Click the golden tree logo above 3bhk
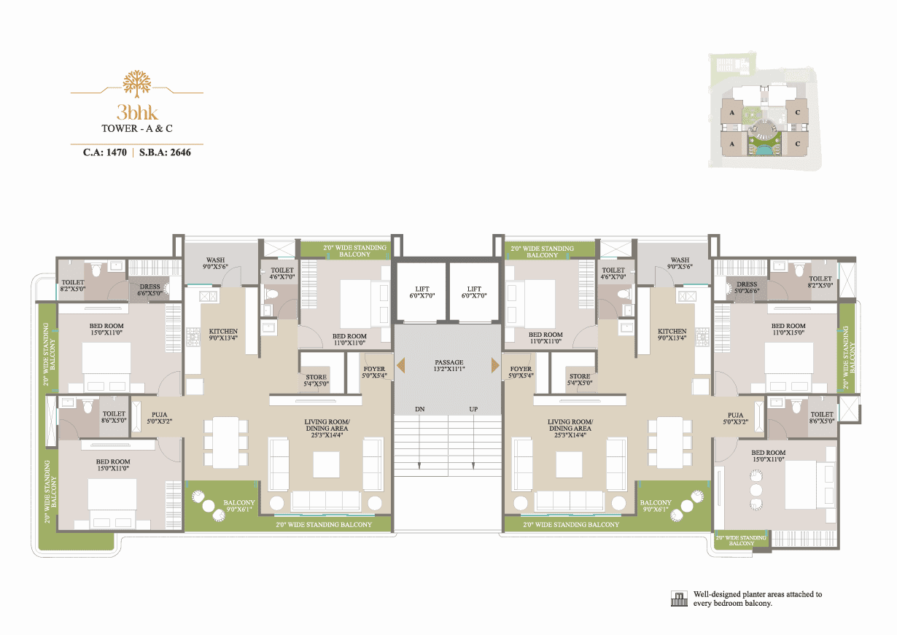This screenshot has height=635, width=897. pyautogui.click(x=137, y=84)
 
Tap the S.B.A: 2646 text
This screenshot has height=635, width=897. pyautogui.click(x=165, y=152)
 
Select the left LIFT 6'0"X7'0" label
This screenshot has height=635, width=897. pyautogui.click(x=422, y=292)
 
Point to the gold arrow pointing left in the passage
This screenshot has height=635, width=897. pyautogui.click(x=401, y=365)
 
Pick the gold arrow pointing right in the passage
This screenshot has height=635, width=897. pyautogui.click(x=495, y=365)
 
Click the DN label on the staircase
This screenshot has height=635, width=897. pyautogui.click(x=419, y=409)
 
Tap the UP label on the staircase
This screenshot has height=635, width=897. pyautogui.click(x=473, y=409)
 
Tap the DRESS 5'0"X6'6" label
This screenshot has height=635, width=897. pyautogui.click(x=747, y=287)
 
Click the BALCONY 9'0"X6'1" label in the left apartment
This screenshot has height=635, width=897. pyautogui.click(x=239, y=506)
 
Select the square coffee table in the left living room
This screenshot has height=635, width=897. pyautogui.click(x=327, y=465)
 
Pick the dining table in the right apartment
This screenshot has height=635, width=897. pyautogui.click(x=670, y=443)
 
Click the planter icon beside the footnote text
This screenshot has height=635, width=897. pyautogui.click(x=679, y=599)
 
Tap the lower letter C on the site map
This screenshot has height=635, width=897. pyautogui.click(x=798, y=144)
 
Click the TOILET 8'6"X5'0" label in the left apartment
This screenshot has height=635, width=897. pyautogui.click(x=114, y=417)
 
